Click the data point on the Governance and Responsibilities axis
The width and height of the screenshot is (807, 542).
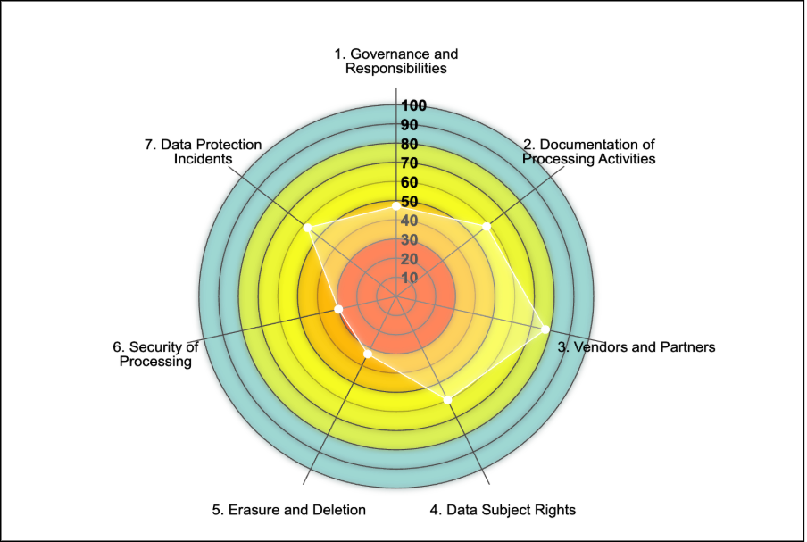pyautogui.click(x=396, y=206)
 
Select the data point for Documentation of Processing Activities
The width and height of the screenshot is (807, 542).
pyautogui.click(x=487, y=227)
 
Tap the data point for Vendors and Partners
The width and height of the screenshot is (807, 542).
pyautogui.click(x=545, y=329)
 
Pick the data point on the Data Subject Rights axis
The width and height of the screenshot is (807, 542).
pyautogui.click(x=448, y=399)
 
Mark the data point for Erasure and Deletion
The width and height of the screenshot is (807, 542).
pyautogui.click(x=368, y=354)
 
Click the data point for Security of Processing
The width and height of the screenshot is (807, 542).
pyautogui.click(x=338, y=309)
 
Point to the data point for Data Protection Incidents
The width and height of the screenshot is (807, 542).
pyautogui.click(x=308, y=228)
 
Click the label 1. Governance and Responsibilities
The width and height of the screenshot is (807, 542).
pyautogui.click(x=396, y=61)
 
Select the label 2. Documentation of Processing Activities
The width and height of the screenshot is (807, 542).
pyautogui.click(x=589, y=152)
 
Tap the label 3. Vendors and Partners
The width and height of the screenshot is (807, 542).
pyautogui.click(x=636, y=346)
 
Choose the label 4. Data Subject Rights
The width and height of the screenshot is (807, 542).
pyautogui.click(x=503, y=510)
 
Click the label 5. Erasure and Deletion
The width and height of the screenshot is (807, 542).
pyautogui.click(x=289, y=510)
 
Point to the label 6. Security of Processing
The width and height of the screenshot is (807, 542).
pyautogui.click(x=155, y=354)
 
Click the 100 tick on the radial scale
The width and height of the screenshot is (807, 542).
pyautogui.click(x=413, y=105)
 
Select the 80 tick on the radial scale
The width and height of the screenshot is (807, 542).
pyautogui.click(x=410, y=144)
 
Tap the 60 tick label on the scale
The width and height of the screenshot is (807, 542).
pyautogui.click(x=410, y=182)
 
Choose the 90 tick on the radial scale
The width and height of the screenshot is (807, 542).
pyautogui.click(x=410, y=124)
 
